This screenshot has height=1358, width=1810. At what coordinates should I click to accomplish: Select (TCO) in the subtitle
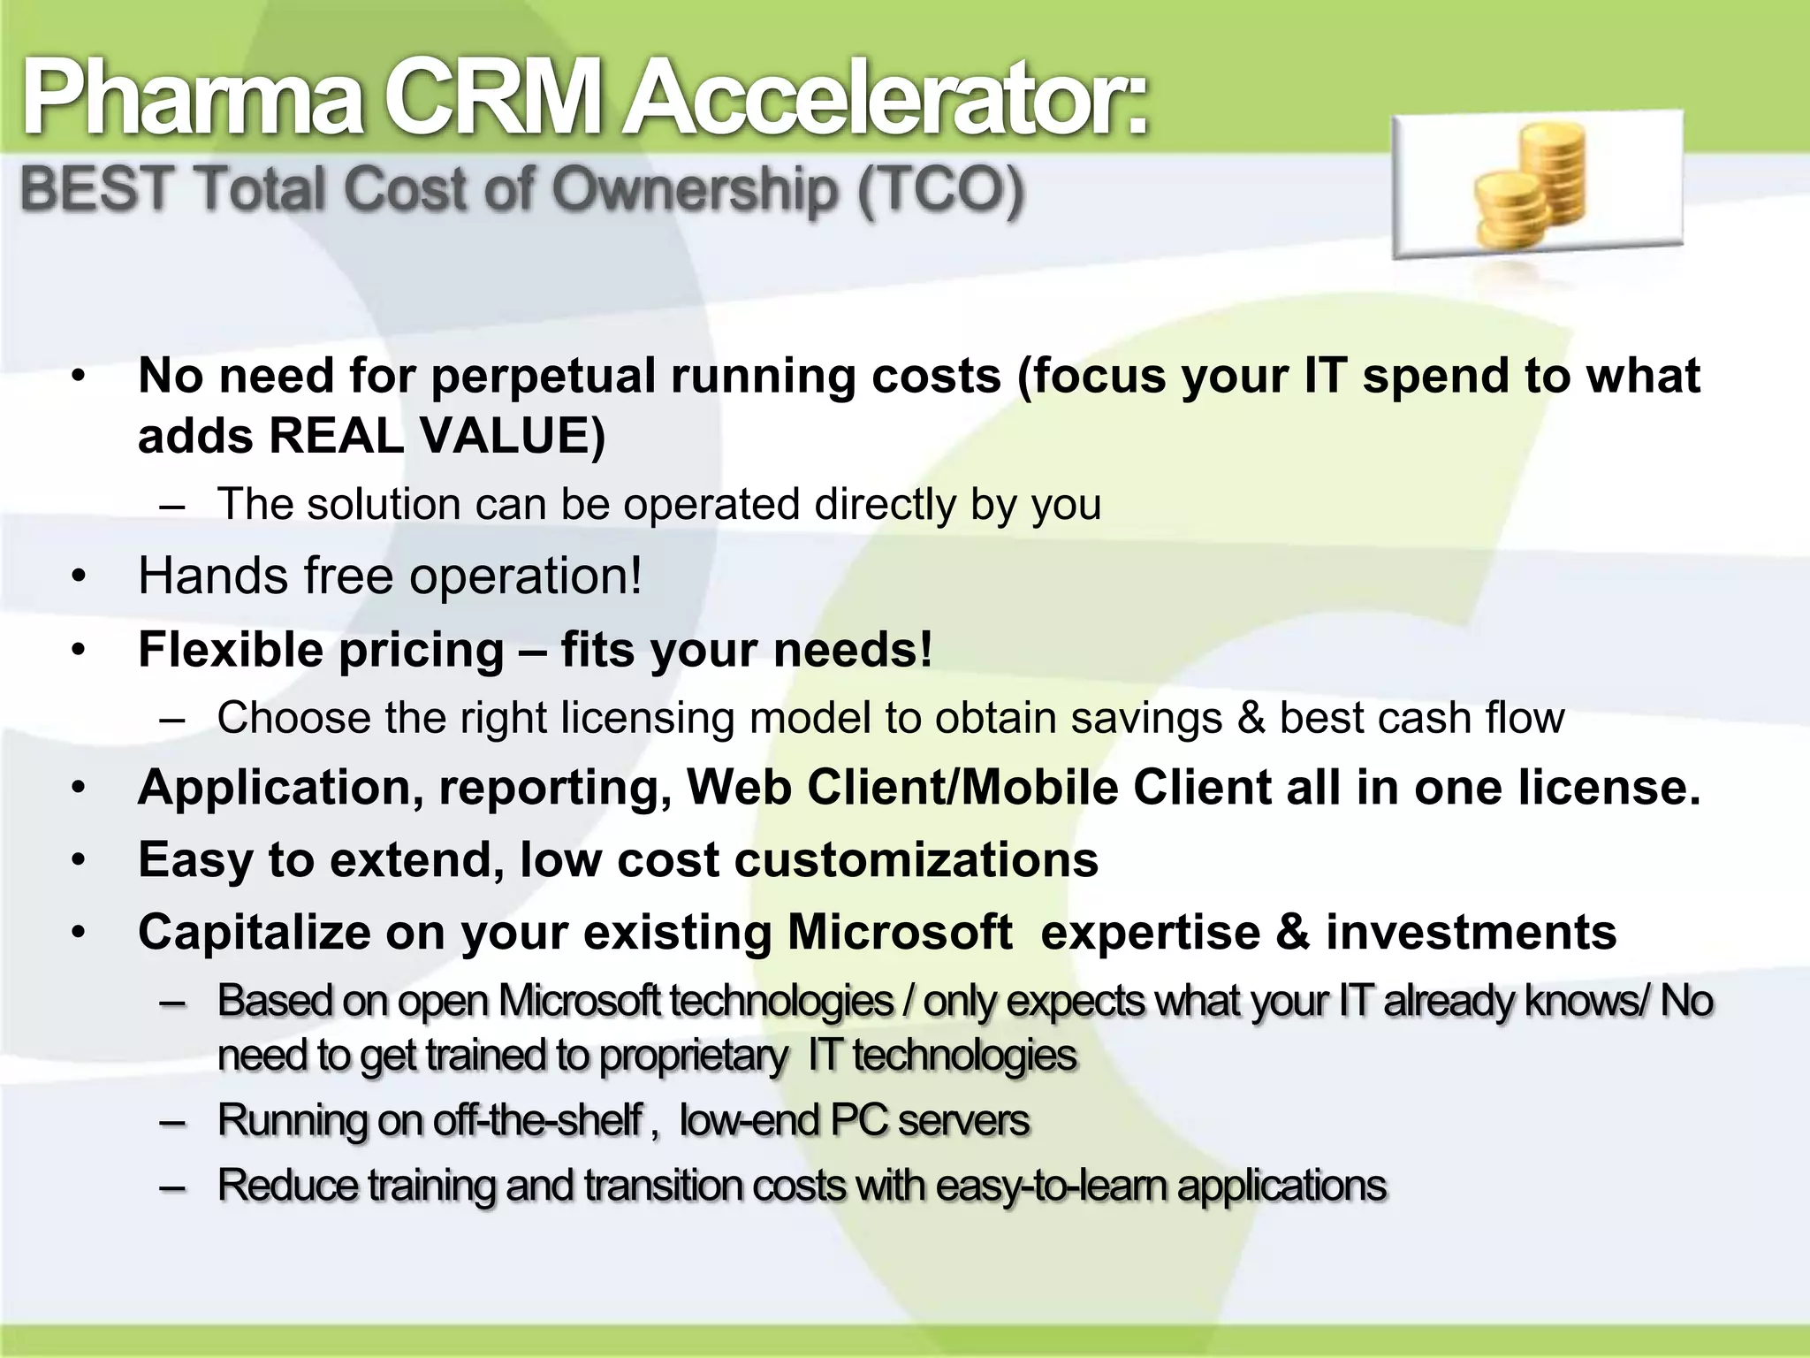(x=940, y=189)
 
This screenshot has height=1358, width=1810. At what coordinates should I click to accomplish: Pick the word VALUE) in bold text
(x=513, y=436)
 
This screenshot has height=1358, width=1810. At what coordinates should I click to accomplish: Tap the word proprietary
(x=693, y=1056)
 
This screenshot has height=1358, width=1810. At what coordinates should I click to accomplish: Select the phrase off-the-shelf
(x=537, y=1120)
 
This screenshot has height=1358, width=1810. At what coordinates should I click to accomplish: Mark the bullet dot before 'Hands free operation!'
(x=80, y=577)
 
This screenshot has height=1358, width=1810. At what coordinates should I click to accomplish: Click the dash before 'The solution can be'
(x=173, y=506)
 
